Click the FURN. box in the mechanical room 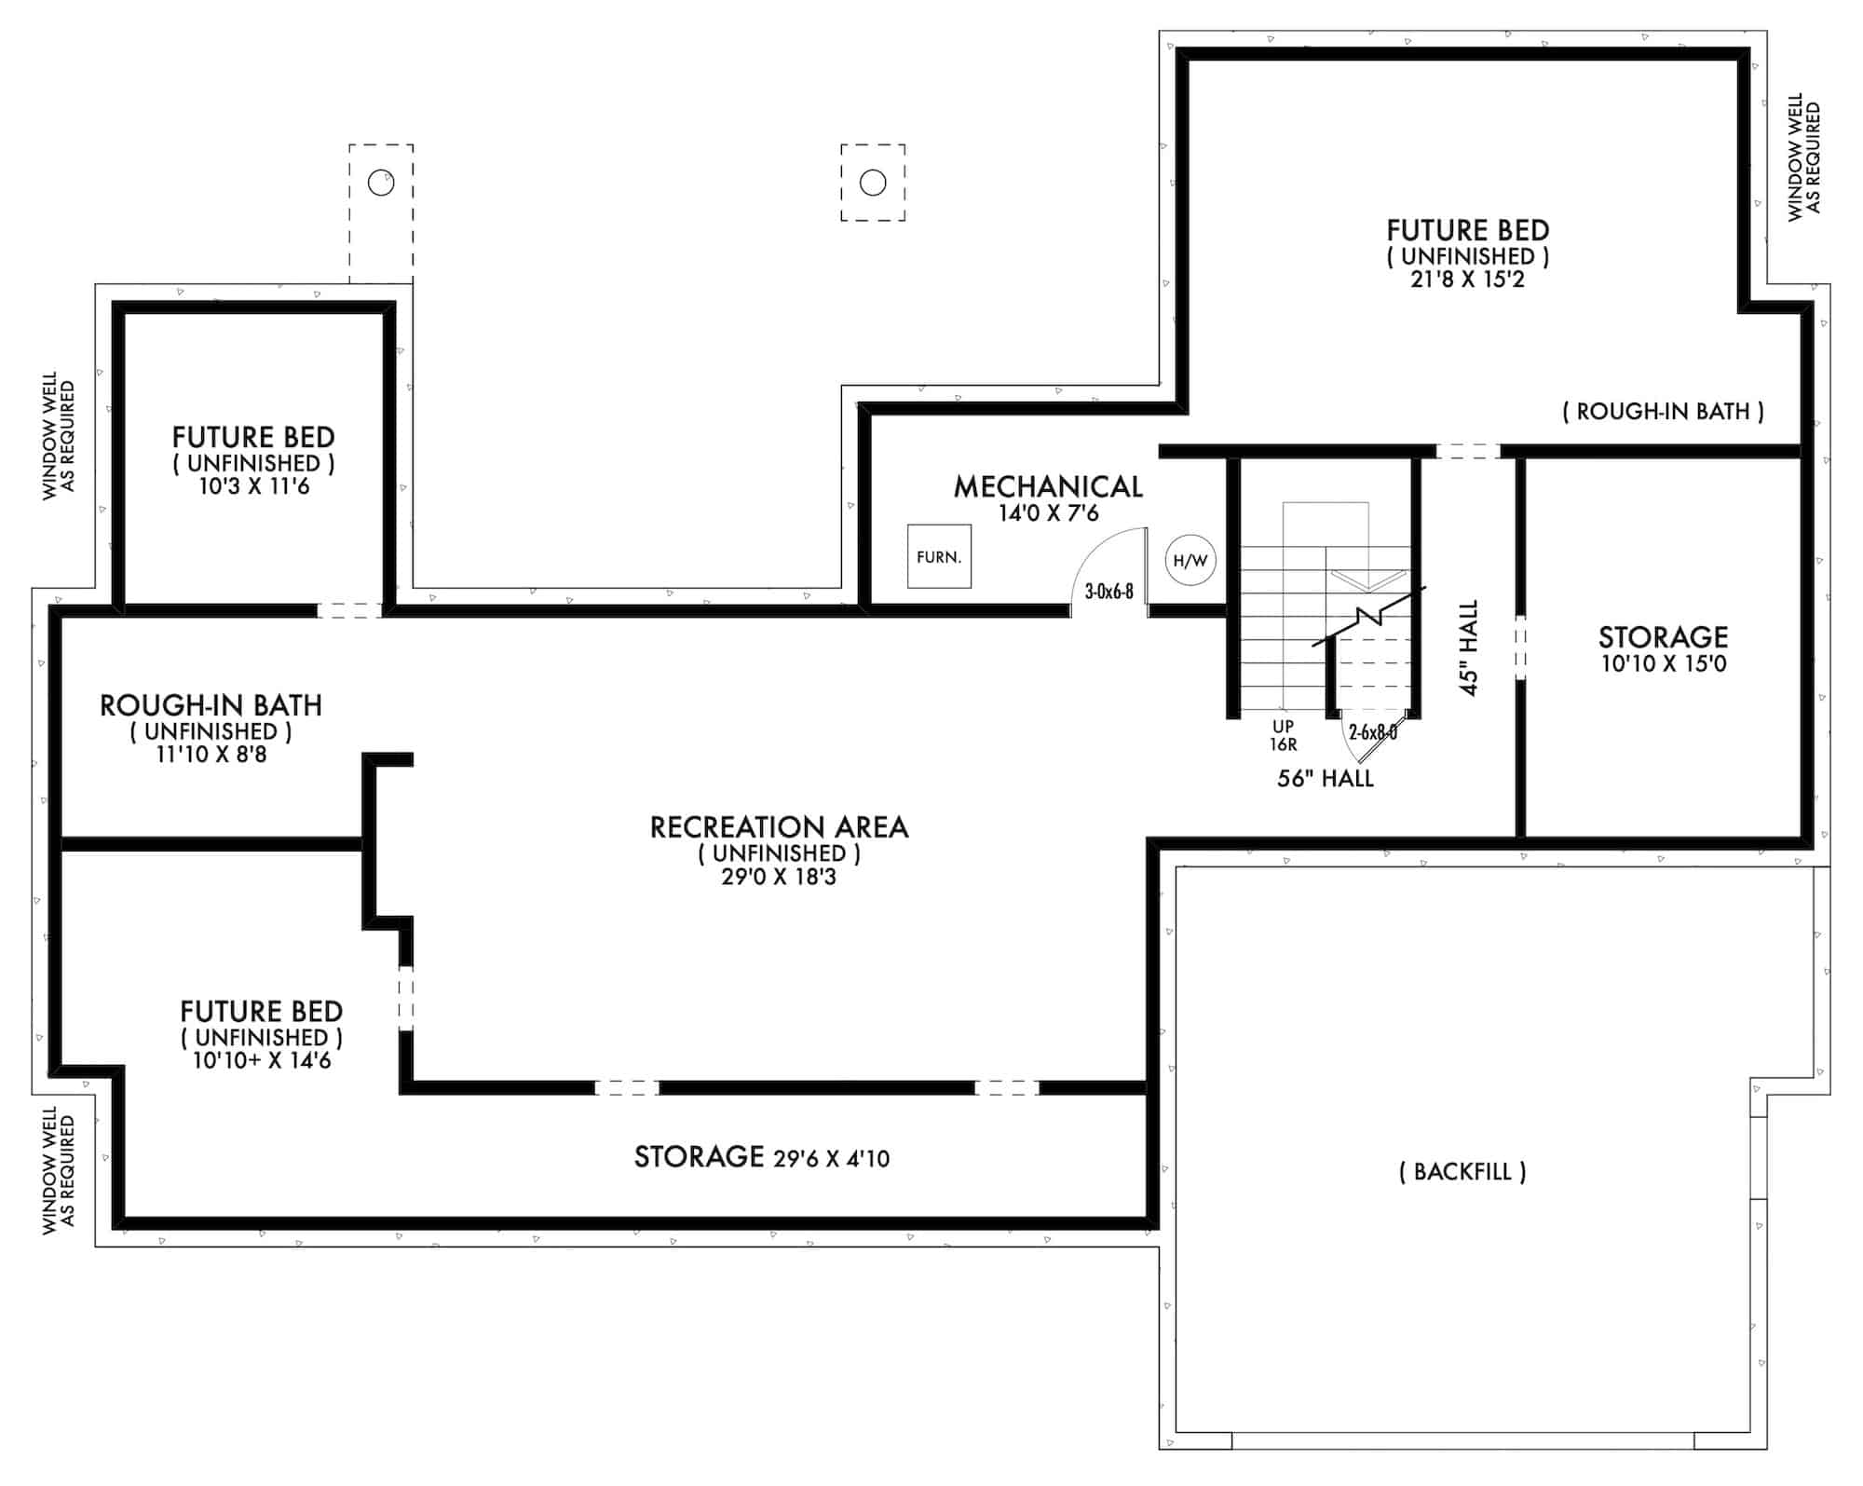(x=939, y=557)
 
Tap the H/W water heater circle (x=1190, y=561)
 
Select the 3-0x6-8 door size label (x=1108, y=592)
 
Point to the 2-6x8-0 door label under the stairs (x=1372, y=733)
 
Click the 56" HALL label (x=1325, y=779)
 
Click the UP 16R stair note (x=1283, y=735)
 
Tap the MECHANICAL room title (x=1048, y=486)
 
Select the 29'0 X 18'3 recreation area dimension (x=779, y=877)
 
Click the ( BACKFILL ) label (x=1462, y=1172)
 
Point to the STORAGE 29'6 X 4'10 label (x=762, y=1157)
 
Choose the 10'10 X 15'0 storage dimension (x=1664, y=664)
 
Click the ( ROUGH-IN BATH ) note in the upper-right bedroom (x=1663, y=411)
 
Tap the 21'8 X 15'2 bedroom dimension (x=1467, y=279)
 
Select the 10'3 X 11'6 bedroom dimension (x=253, y=486)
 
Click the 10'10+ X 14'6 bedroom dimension (x=262, y=1060)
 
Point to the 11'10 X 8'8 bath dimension (x=211, y=755)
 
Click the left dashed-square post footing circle (x=381, y=183)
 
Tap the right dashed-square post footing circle (x=873, y=183)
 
